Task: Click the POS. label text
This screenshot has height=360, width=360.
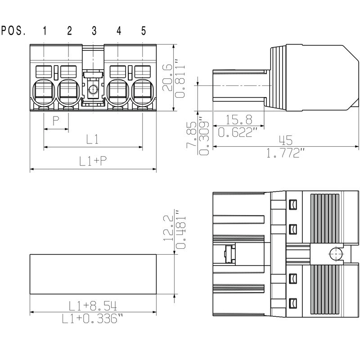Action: pyautogui.click(x=13, y=31)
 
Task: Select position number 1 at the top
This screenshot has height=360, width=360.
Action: pyautogui.click(x=45, y=31)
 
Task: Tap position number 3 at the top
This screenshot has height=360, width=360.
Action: pyautogui.click(x=94, y=31)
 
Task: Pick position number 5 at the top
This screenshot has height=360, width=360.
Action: pyautogui.click(x=144, y=31)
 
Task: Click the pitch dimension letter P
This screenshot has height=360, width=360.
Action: pyautogui.click(x=56, y=121)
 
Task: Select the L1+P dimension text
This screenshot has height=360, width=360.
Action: pyautogui.click(x=93, y=161)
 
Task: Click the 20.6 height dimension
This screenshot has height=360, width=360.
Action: pyautogui.click(x=167, y=77)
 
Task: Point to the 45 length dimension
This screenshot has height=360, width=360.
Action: pyautogui.click(x=285, y=140)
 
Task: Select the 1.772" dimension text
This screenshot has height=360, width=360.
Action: pyautogui.click(x=285, y=153)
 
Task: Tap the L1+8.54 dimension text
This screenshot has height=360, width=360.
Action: pyautogui.click(x=93, y=306)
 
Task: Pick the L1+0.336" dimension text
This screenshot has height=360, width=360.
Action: pyautogui.click(x=93, y=319)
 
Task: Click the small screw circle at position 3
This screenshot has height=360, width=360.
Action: pyautogui.click(x=93, y=90)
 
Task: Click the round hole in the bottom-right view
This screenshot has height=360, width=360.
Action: pyautogui.click(x=335, y=255)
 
